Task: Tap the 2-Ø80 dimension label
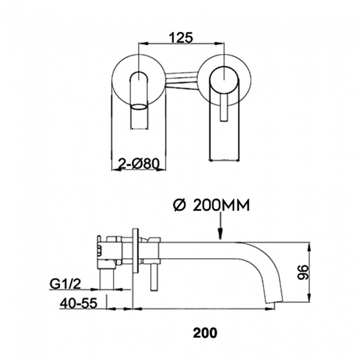[x=139, y=163]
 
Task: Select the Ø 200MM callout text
[x=211, y=205]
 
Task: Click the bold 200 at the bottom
[x=205, y=333]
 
